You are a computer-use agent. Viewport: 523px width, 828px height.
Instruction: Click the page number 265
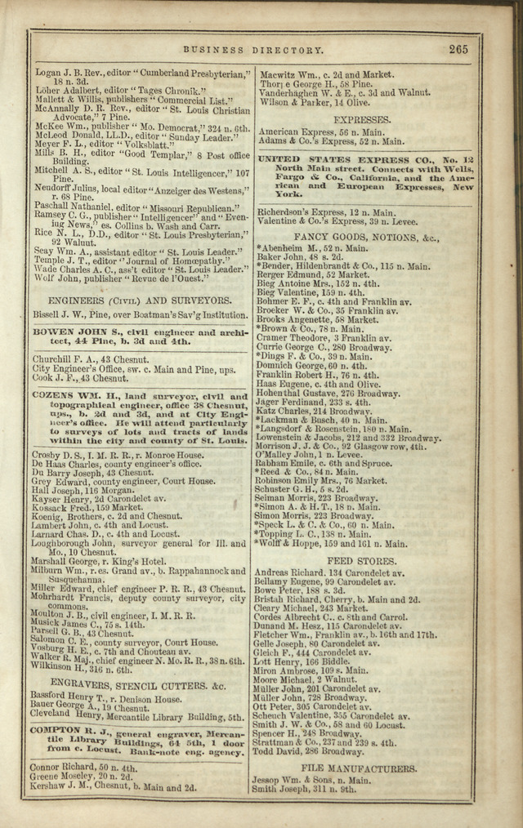click(x=458, y=49)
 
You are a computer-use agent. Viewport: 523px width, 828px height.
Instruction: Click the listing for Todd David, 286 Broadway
click(x=307, y=751)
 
